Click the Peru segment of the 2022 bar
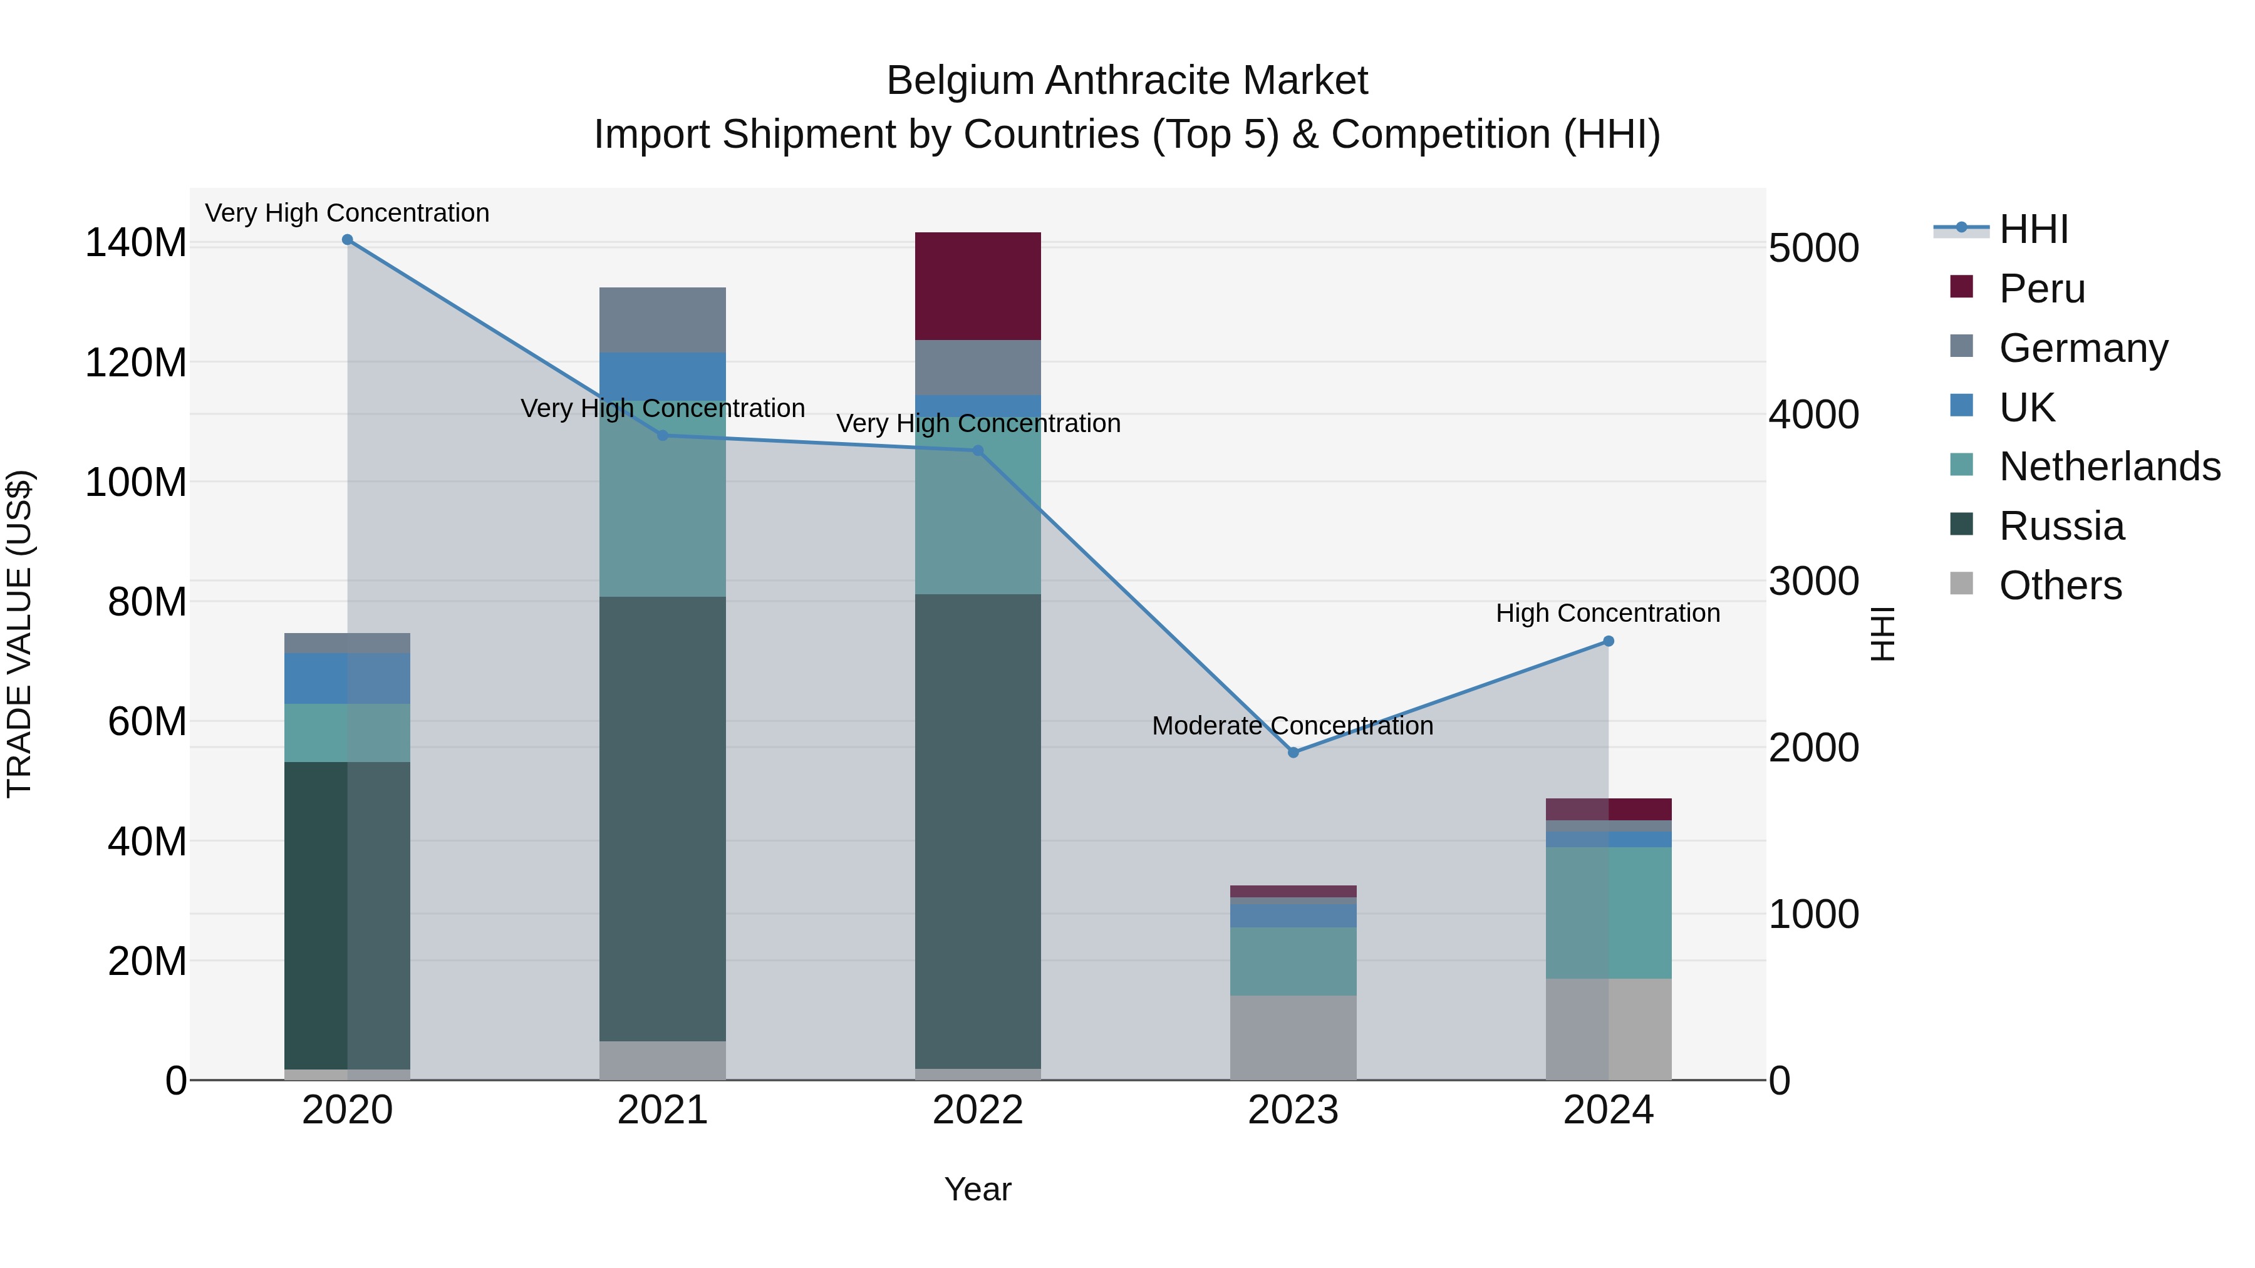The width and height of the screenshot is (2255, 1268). coord(977,286)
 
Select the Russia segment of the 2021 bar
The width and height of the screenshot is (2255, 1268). coord(662,818)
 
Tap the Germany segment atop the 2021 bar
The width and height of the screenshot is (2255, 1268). coord(662,319)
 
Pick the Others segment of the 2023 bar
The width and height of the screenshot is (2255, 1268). coord(1292,1037)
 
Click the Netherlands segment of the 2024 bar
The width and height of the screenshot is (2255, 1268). coord(1607,912)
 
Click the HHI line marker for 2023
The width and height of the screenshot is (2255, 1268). coord(1293,753)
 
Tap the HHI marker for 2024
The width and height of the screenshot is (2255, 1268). coord(1608,641)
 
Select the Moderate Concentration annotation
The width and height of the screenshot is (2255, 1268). coord(1292,726)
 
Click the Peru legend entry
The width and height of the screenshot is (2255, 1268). coord(2041,289)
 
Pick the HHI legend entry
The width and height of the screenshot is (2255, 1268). coord(2033,229)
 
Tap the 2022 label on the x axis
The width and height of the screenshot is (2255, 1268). coord(977,1110)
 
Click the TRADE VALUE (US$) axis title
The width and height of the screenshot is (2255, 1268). coord(19,634)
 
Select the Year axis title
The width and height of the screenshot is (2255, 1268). coord(977,1189)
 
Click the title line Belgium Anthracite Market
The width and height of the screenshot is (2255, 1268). coord(1127,81)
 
